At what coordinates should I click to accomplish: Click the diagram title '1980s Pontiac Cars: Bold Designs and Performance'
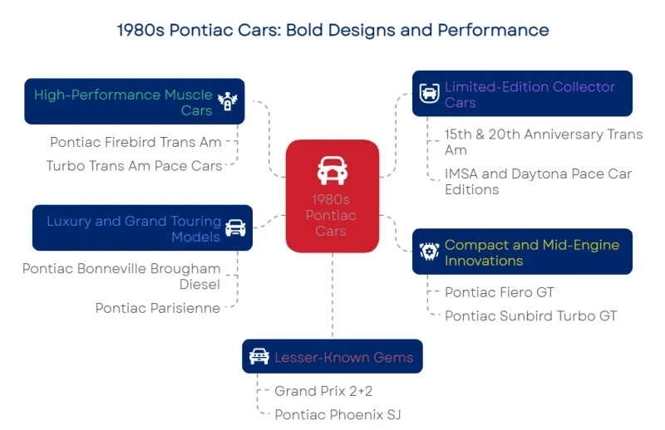click(332, 30)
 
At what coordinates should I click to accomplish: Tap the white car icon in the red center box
click(332, 170)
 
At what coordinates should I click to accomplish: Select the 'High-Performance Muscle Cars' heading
click(123, 102)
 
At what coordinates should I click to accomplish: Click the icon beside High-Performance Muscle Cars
click(227, 101)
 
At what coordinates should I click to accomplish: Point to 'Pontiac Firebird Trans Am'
click(135, 142)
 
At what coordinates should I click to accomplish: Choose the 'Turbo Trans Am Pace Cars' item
click(134, 165)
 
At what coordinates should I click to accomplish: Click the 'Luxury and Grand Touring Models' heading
click(134, 228)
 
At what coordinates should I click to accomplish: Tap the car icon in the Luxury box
click(235, 228)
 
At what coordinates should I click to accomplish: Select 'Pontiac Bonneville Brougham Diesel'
click(121, 276)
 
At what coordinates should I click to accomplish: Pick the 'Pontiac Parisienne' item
click(158, 308)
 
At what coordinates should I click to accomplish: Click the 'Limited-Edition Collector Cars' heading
click(530, 95)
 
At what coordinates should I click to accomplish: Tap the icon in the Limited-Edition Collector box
click(429, 93)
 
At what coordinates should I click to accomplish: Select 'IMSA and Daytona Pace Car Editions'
click(538, 181)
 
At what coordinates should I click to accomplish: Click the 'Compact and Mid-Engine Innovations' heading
click(532, 252)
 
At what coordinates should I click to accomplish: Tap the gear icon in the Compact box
click(429, 252)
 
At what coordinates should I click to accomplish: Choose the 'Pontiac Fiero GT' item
click(499, 292)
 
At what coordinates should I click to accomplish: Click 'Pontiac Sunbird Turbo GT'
click(530, 315)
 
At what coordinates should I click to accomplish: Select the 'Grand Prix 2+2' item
click(323, 391)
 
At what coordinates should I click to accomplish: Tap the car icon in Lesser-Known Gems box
click(259, 357)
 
